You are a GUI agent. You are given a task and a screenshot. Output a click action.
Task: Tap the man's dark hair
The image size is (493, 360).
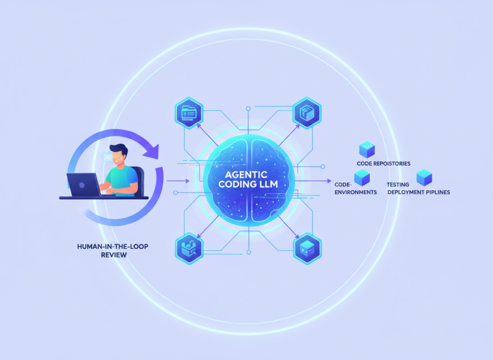(x=118, y=149)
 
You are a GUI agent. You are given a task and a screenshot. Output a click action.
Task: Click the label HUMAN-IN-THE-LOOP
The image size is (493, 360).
(x=113, y=246)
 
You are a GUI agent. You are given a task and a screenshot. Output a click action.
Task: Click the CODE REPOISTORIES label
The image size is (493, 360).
(x=384, y=163)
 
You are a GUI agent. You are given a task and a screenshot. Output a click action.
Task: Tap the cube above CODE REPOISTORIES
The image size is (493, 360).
(x=367, y=149)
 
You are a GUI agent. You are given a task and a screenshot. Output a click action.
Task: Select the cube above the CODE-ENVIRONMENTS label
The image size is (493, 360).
(x=362, y=177)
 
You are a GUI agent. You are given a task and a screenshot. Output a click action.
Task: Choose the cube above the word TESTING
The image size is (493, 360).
(x=424, y=177)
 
